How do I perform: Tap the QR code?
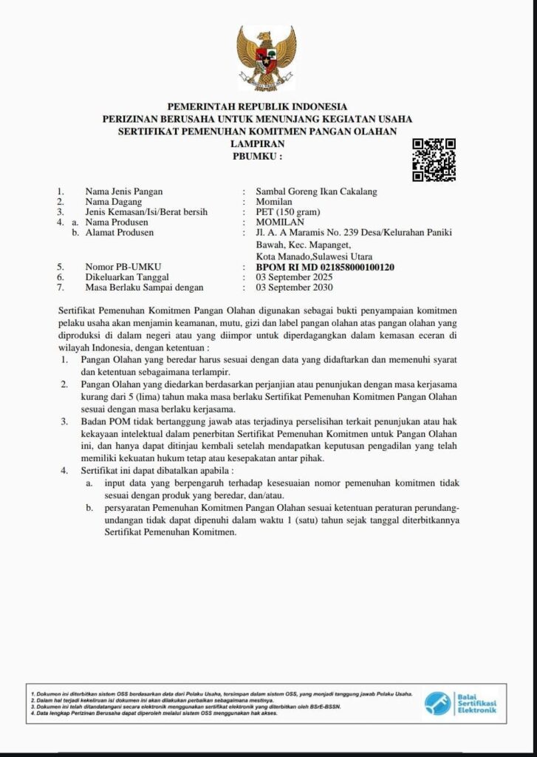pos(434,160)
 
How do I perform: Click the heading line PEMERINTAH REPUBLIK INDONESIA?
pos(257,106)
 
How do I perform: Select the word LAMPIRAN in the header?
pos(257,144)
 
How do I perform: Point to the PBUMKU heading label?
pos(257,157)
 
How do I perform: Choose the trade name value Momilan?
pos(274,202)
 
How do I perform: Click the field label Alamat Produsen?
pos(120,233)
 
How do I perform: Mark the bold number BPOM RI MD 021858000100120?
pos(325,267)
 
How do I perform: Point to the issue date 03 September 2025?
pos(294,277)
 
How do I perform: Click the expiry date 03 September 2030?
pos(294,288)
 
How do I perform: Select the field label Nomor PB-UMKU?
pos(123,267)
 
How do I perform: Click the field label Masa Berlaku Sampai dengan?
pos(144,288)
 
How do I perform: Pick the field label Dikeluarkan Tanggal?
pos(127,277)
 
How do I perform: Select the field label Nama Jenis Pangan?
pos(123,191)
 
